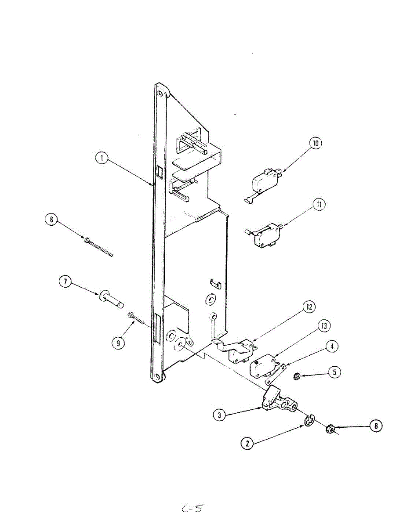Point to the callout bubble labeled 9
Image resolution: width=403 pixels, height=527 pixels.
click(118, 343)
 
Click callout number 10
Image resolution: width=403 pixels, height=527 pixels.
click(315, 144)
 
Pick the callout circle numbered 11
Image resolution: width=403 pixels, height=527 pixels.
click(319, 204)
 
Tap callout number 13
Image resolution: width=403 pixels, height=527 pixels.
click(324, 326)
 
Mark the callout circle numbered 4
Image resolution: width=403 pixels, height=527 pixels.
click(332, 347)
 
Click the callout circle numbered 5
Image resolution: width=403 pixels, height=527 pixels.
click(334, 372)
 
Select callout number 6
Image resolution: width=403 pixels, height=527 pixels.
click(375, 425)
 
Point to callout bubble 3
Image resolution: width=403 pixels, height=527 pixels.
click(219, 414)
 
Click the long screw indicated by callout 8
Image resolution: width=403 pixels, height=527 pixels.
click(99, 247)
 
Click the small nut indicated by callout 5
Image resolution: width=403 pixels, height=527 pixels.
click(297, 376)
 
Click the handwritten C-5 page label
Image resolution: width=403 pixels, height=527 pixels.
click(192, 509)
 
